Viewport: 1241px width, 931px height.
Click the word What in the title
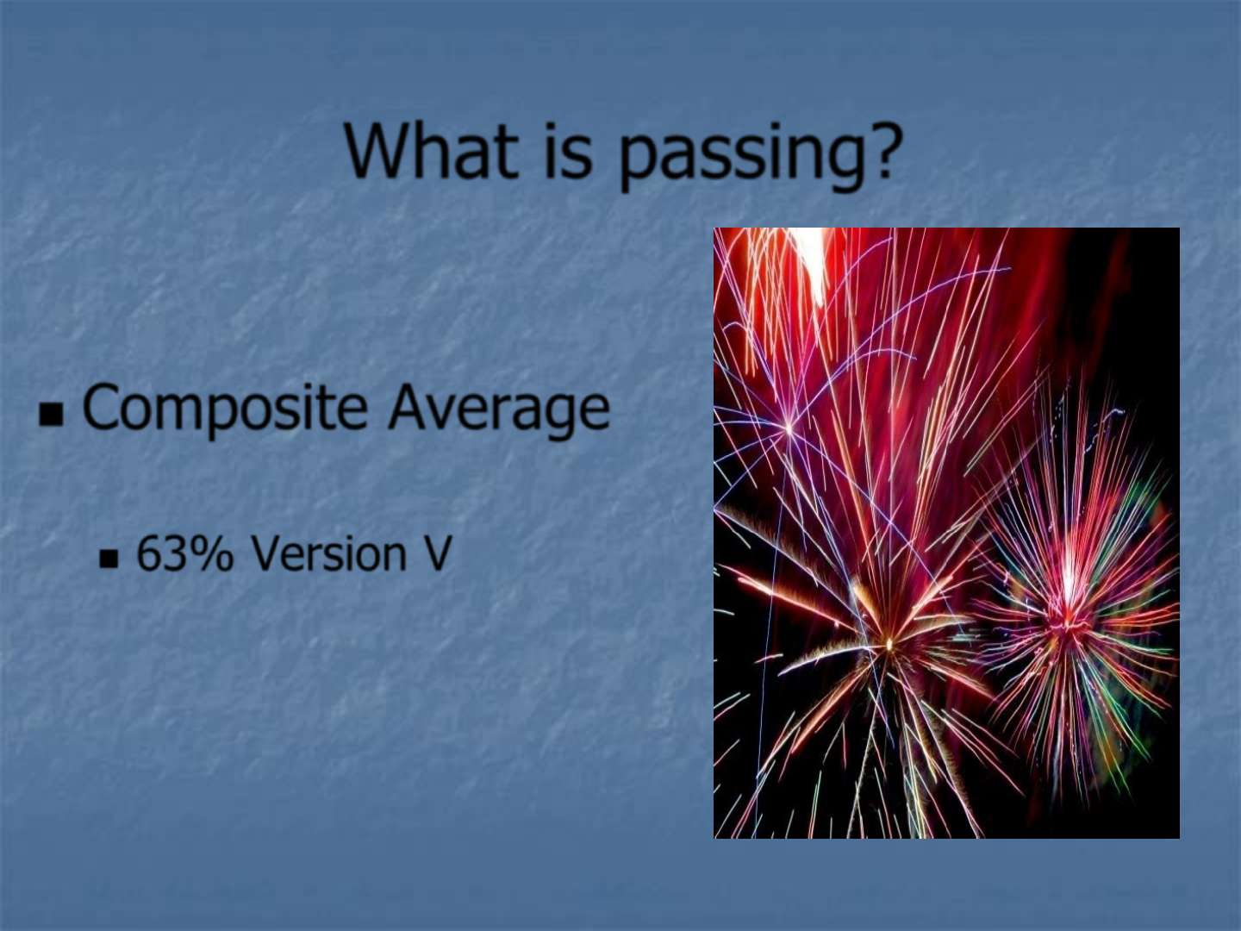click(x=432, y=151)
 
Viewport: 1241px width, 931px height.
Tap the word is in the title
click(x=568, y=151)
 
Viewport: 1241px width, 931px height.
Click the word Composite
click(x=226, y=409)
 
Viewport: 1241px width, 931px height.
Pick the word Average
click(x=499, y=409)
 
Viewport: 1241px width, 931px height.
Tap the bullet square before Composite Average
click(x=51, y=415)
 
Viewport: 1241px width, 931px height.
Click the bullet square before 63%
click(x=109, y=559)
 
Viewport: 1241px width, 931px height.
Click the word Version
click(x=328, y=554)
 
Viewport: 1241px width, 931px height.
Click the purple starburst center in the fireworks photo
click(x=789, y=428)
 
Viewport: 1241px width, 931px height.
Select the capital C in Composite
click(x=100, y=405)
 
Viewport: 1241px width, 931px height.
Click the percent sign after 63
click(x=212, y=554)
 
